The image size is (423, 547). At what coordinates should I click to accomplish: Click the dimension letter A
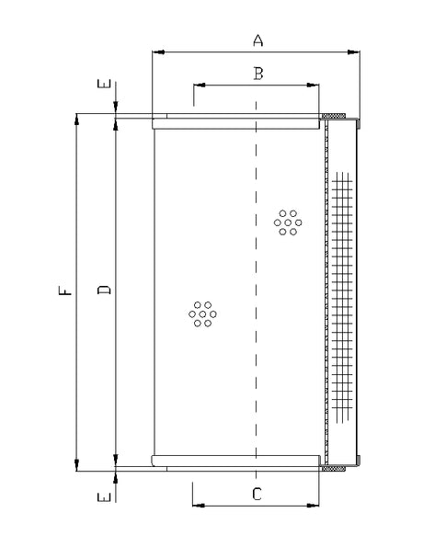pyautogui.click(x=258, y=40)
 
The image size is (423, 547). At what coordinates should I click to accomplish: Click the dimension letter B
pyautogui.click(x=258, y=74)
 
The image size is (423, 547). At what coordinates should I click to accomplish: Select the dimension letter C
pyautogui.click(x=257, y=494)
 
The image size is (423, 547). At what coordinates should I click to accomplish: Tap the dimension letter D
pyautogui.click(x=104, y=291)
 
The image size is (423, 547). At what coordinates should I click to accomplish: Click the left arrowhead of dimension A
pyautogui.click(x=157, y=51)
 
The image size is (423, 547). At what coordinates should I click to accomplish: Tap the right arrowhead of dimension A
pyautogui.click(x=355, y=51)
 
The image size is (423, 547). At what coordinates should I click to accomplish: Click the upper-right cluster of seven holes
pyautogui.click(x=289, y=222)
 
